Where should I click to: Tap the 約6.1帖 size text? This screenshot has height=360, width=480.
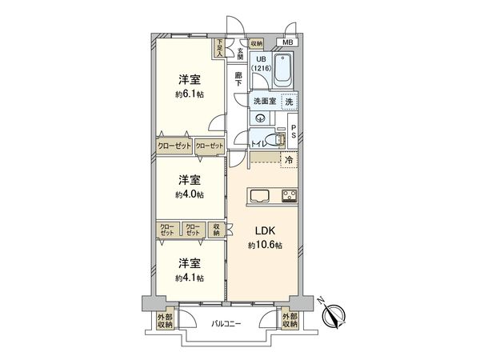pos(189,94)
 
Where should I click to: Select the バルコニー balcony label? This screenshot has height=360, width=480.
pos(227,325)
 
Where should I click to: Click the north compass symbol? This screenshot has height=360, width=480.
pos(335,316)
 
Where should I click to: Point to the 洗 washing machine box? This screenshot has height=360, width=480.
pos(290,101)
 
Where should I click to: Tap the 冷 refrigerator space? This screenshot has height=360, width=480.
pos(289,160)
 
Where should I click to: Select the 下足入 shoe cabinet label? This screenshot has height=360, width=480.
pos(219,47)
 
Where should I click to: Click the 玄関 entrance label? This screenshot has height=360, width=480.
pos(239,53)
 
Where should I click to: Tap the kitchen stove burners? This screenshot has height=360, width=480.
pos(287,196)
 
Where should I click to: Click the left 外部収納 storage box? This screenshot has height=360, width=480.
pos(165,321)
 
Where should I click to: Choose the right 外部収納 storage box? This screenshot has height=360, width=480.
pos(290,321)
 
